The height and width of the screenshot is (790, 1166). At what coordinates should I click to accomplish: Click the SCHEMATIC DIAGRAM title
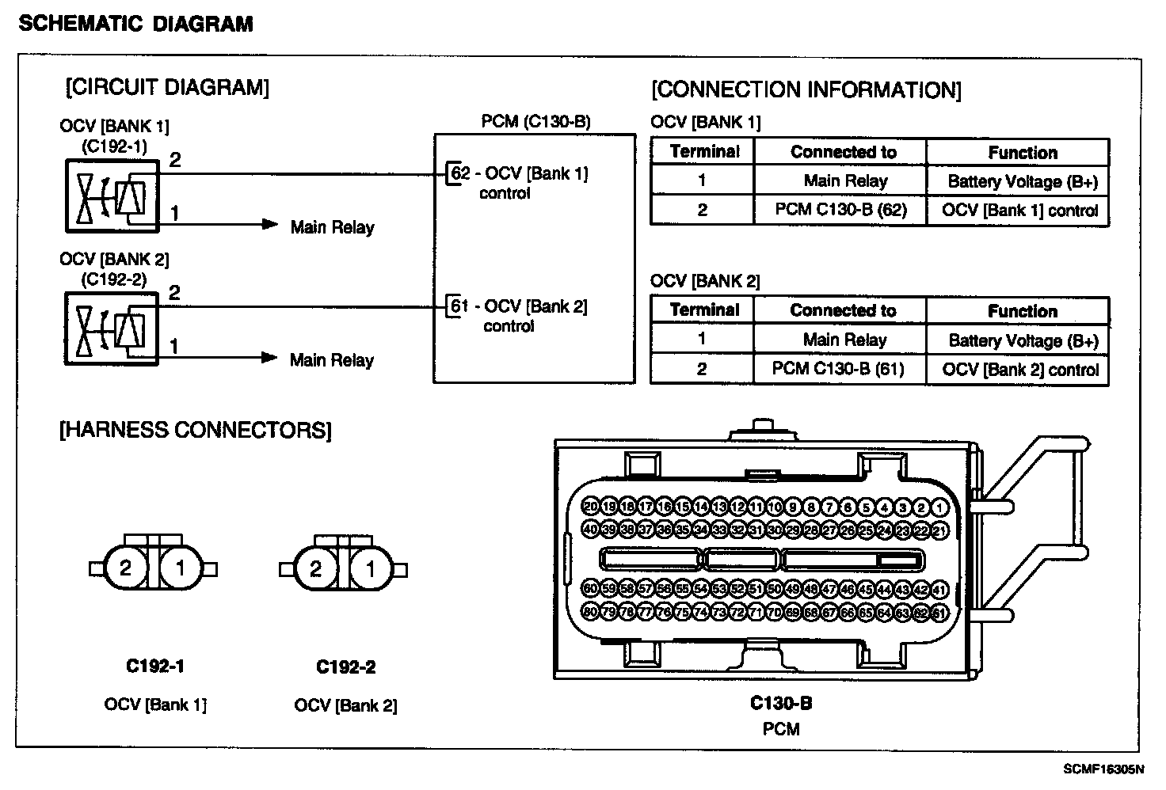coord(135,24)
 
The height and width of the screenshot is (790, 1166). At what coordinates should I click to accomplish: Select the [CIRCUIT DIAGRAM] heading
coord(167,87)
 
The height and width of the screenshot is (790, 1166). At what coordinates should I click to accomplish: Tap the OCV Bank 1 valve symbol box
coord(112,196)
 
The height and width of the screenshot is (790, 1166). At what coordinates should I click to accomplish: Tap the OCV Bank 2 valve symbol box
coord(112,329)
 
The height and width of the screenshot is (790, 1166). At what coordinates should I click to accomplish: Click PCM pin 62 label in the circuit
coord(460,173)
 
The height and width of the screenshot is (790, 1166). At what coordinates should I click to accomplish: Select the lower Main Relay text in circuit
coord(331,361)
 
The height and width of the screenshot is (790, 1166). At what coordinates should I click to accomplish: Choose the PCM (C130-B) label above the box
coord(536,121)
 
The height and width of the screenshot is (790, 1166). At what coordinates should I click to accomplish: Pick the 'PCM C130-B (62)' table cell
coord(840,211)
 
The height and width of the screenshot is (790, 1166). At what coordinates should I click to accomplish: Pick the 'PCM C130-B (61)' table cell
coord(839,369)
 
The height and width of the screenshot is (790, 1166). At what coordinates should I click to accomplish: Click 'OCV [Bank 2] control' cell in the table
coord(1020,370)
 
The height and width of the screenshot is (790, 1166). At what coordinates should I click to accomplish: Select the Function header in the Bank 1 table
coord(1022,153)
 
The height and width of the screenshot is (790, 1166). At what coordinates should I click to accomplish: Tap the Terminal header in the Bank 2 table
coord(703,310)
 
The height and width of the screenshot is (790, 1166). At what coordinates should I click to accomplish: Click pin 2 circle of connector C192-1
coord(125,568)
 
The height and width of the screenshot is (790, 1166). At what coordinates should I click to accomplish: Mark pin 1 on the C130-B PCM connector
coord(940,507)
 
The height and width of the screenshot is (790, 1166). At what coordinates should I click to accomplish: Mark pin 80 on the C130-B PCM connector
coord(589,612)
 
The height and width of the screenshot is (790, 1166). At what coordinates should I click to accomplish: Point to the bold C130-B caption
coord(781,703)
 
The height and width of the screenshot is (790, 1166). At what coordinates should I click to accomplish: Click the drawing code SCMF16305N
coord(1103,769)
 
